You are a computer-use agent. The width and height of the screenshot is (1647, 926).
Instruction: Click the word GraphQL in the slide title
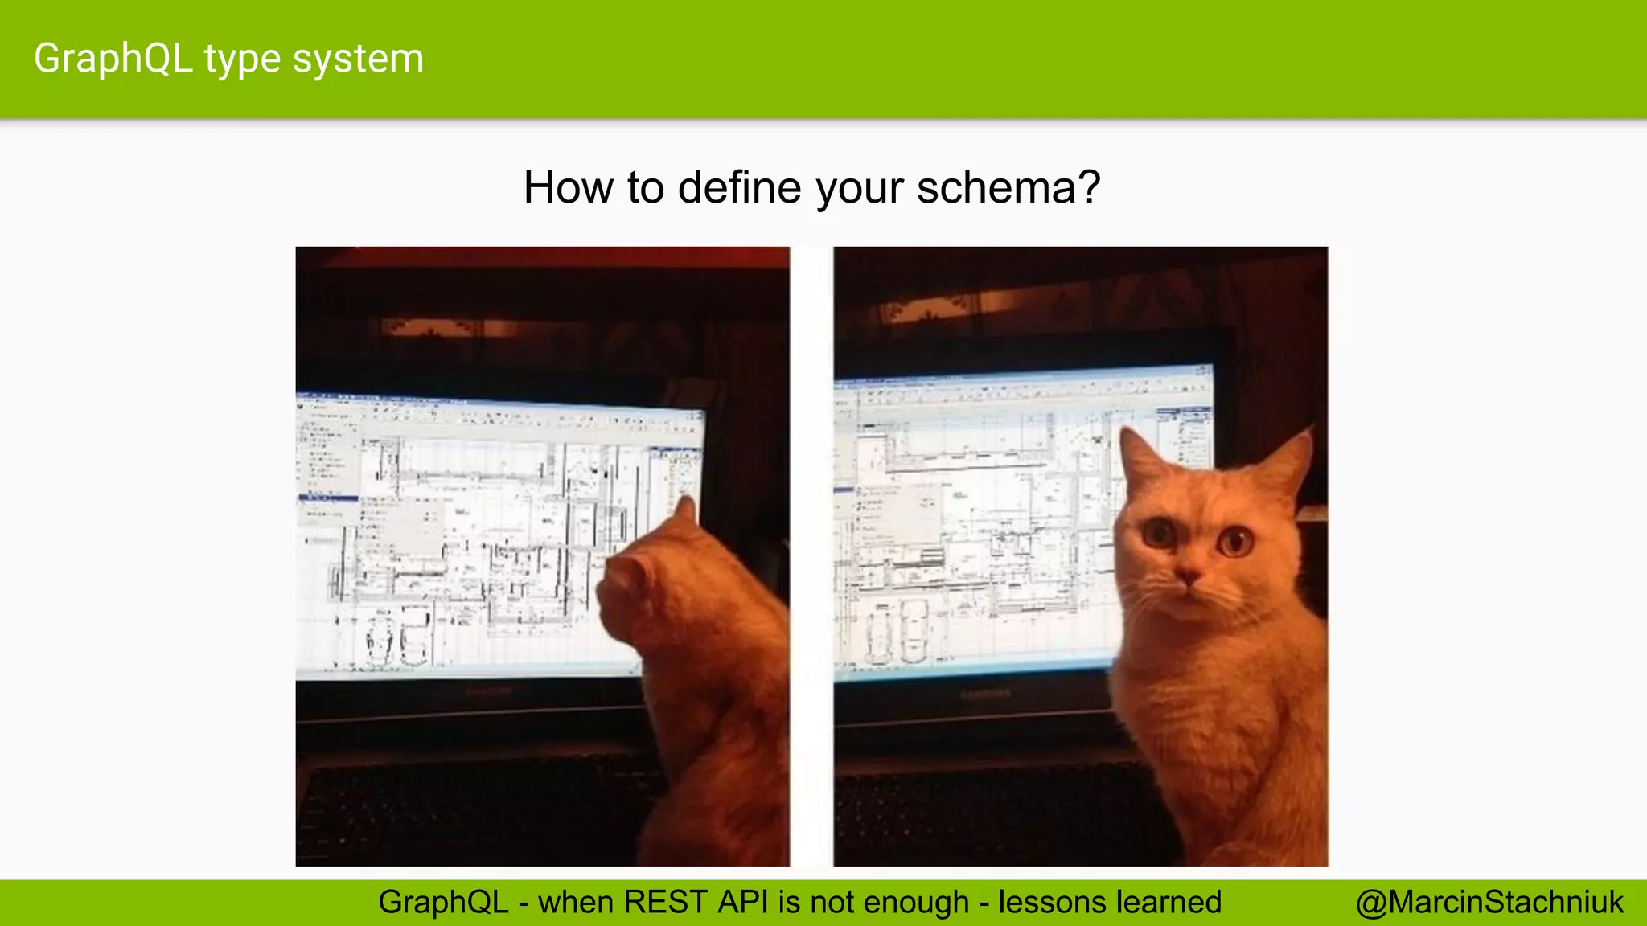[x=113, y=59]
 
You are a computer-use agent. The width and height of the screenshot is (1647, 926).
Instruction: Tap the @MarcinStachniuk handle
[x=1489, y=902]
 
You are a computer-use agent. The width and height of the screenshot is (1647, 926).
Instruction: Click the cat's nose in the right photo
[x=1189, y=576]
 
